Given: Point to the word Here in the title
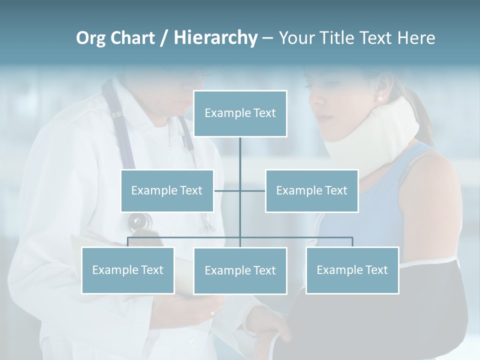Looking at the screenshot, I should click(x=416, y=38).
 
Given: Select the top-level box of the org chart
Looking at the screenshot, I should click(x=240, y=113).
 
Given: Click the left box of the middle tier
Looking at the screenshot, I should click(x=167, y=190).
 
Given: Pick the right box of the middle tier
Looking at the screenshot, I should click(x=311, y=190).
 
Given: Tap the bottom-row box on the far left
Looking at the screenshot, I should click(x=127, y=270).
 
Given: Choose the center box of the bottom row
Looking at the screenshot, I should click(x=240, y=271).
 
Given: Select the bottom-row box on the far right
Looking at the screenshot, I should click(x=352, y=270).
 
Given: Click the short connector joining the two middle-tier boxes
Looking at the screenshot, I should click(x=227, y=190).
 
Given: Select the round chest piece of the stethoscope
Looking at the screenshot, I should click(x=139, y=220).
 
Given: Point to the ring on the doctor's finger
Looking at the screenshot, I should click(x=212, y=314).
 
